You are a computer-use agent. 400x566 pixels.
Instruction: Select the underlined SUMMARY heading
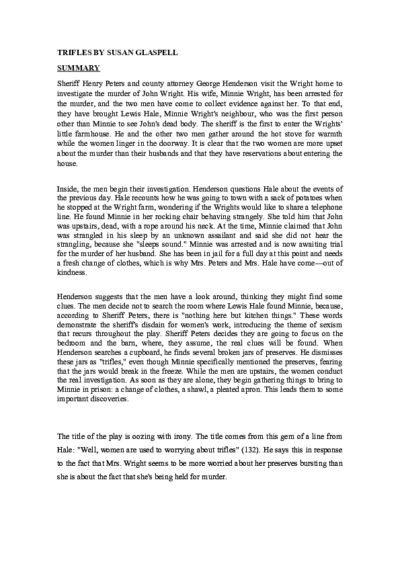coord(78,68)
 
